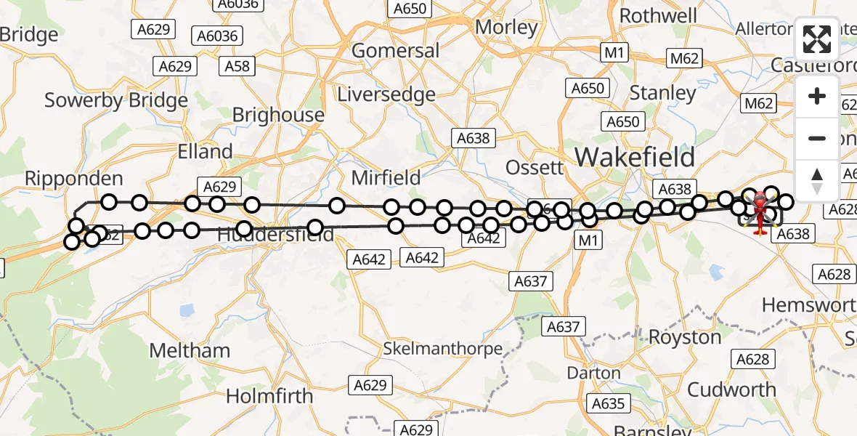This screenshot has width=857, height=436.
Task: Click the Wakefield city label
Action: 635,157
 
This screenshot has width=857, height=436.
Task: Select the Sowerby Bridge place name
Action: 116,100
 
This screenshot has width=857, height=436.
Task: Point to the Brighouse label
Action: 278,115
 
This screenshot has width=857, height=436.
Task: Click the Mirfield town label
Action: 386,177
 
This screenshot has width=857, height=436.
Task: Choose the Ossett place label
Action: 534,167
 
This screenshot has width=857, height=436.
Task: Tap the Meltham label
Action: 190,350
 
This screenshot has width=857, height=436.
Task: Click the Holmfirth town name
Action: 269,396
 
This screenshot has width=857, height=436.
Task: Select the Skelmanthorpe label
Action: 443,349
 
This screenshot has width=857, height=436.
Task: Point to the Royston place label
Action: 685,337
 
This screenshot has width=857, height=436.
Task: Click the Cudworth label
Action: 731,389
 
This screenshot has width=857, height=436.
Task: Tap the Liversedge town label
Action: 386,94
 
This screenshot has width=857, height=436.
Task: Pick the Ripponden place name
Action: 73,178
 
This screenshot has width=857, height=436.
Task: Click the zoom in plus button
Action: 817,97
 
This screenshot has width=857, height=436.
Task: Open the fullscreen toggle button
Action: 817,39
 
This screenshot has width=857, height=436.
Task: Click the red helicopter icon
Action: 760,211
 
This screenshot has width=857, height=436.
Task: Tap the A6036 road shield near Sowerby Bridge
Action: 218,36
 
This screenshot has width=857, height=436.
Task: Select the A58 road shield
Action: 237,66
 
